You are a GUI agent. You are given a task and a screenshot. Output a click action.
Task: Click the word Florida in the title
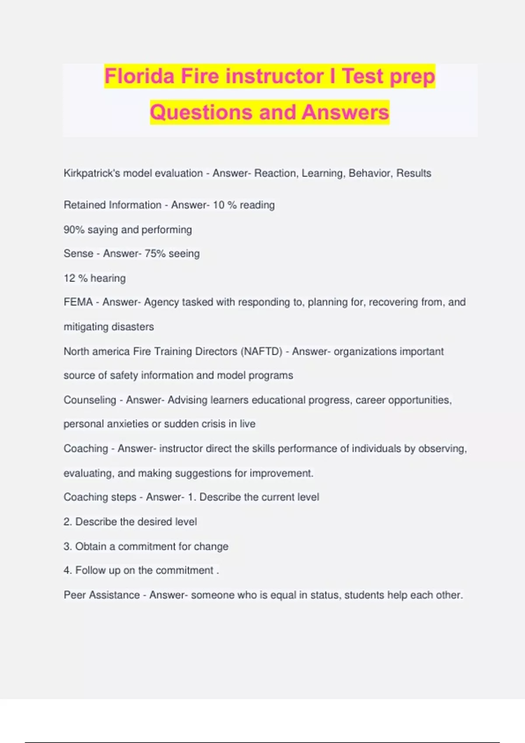(140, 76)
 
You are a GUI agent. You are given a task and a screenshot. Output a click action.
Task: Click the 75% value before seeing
(155, 253)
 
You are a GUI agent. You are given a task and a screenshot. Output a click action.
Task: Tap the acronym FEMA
(78, 302)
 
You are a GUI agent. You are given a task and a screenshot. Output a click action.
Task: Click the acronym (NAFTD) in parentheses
(261, 351)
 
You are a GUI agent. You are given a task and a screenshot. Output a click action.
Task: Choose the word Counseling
(90, 400)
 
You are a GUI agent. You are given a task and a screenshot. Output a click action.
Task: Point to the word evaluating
(88, 473)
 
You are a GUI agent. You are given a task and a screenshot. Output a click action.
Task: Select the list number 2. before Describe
(68, 522)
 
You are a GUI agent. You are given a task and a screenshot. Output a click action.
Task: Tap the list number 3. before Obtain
(68, 546)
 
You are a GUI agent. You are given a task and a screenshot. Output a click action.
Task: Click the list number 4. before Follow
(68, 570)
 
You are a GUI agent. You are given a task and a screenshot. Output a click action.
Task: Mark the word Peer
(74, 595)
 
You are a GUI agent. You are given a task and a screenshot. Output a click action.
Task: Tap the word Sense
(78, 253)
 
